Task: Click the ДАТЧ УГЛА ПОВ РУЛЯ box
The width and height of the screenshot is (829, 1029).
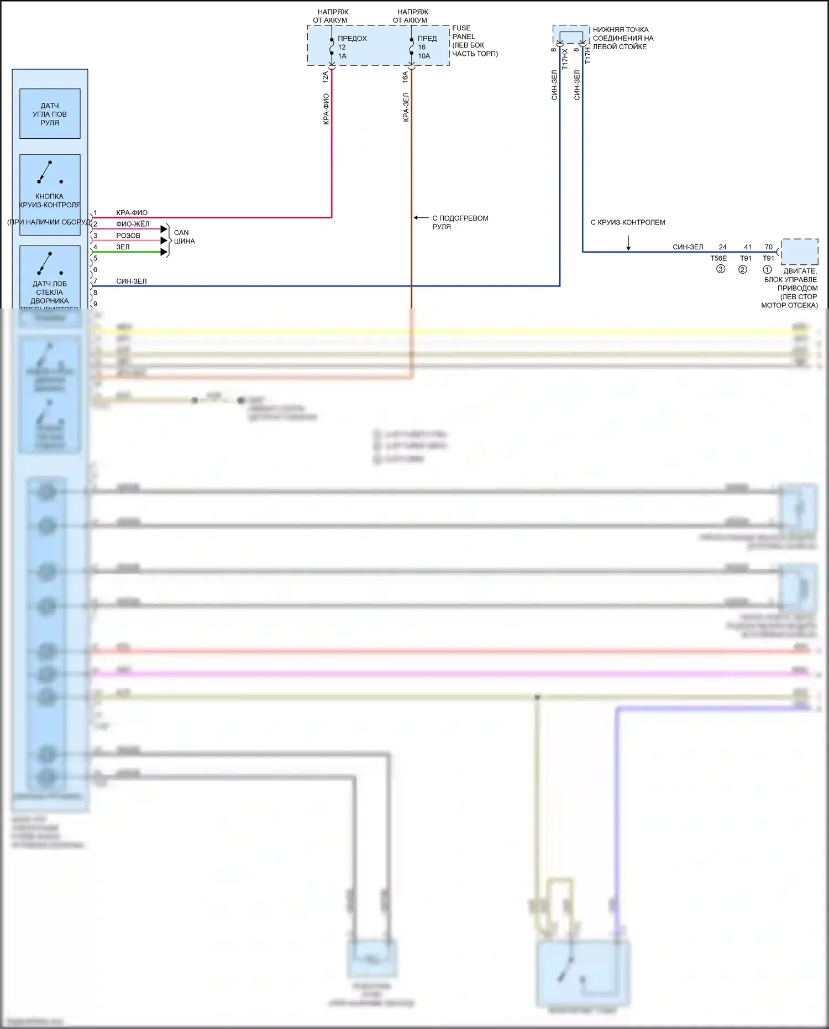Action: click(x=50, y=114)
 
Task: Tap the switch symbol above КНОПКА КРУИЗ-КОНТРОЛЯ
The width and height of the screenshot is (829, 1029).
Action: click(x=49, y=172)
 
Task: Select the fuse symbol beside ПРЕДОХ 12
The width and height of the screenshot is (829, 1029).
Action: click(x=332, y=47)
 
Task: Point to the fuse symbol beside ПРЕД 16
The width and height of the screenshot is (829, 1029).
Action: click(x=412, y=47)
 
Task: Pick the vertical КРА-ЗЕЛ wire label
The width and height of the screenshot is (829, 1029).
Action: click(x=406, y=107)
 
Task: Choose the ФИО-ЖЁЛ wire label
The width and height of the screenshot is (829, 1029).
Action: click(x=133, y=224)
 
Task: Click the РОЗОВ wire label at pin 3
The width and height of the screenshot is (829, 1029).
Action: click(x=128, y=236)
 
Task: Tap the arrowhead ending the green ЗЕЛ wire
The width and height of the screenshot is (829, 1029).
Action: click(x=164, y=252)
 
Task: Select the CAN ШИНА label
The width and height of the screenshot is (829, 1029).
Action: click(x=184, y=237)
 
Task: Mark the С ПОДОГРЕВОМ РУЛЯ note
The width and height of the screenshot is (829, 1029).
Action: click(x=460, y=222)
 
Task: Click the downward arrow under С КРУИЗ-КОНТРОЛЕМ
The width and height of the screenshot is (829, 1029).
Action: click(x=628, y=243)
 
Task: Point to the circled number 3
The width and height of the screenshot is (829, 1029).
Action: click(x=721, y=269)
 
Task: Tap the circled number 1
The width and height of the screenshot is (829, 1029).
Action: click(x=767, y=269)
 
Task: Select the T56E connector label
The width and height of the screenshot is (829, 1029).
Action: click(x=718, y=258)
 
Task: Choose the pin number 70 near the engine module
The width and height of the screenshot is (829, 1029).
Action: click(x=769, y=247)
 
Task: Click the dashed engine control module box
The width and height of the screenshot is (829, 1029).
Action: click(x=799, y=252)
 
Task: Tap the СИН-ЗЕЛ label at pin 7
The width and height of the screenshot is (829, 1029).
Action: click(x=132, y=281)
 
